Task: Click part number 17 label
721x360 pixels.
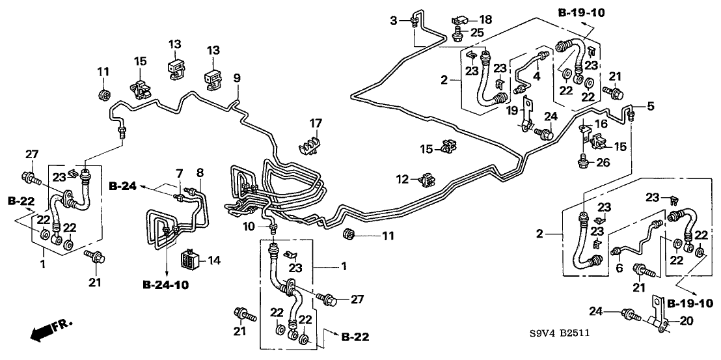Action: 316,122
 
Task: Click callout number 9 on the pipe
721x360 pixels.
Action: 238,78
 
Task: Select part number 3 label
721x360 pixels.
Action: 393,21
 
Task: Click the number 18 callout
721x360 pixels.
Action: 487,20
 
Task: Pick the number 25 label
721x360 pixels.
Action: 478,33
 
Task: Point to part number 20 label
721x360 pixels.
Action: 677,320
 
